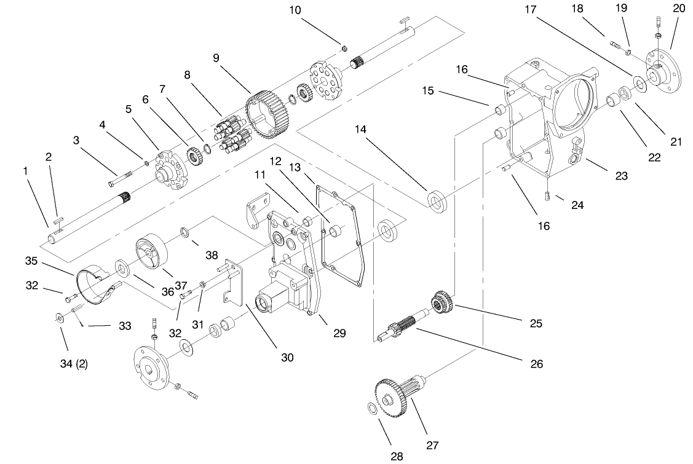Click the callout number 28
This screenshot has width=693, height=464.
point(397,456)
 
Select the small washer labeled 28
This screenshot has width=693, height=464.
point(371,409)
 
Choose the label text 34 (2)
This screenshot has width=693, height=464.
point(73,363)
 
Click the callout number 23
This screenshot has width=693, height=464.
point(621,176)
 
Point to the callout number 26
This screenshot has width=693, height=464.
point(536,364)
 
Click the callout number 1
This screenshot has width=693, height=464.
point(26,171)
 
